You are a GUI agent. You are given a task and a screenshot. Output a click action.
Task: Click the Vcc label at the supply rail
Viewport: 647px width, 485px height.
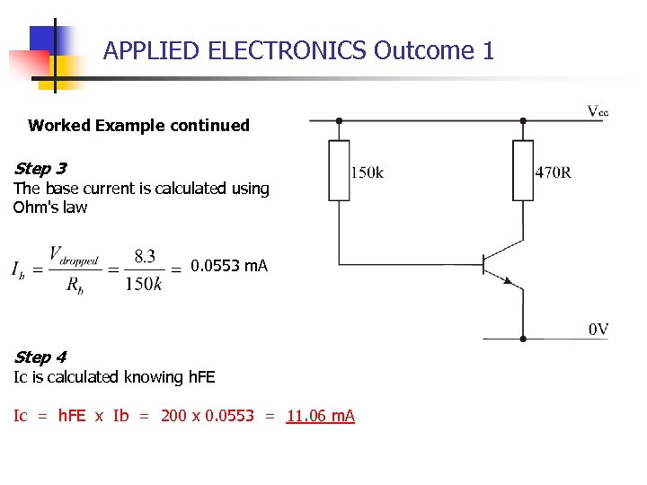click(x=598, y=111)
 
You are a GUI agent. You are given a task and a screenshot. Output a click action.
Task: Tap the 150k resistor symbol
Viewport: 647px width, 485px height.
click(x=339, y=170)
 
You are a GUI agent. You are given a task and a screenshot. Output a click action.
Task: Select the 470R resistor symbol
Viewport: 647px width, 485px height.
click(x=523, y=170)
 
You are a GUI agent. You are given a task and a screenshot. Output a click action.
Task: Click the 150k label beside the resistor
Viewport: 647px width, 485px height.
click(x=368, y=172)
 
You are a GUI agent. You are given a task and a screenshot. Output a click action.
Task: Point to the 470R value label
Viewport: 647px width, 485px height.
click(x=554, y=172)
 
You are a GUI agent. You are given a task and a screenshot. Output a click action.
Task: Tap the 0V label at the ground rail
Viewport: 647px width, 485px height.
click(x=598, y=330)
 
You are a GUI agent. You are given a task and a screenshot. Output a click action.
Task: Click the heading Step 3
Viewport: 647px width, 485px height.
click(x=40, y=168)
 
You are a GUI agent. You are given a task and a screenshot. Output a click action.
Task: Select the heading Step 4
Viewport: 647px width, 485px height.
click(x=40, y=357)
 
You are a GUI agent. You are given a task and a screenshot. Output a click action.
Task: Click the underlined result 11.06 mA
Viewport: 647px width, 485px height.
click(x=321, y=416)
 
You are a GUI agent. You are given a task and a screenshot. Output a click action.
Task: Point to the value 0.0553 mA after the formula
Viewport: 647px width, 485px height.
click(x=229, y=266)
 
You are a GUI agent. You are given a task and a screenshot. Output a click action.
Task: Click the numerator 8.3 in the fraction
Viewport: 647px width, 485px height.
click(x=145, y=256)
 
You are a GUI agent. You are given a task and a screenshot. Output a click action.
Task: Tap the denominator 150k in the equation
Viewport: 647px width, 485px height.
click(x=144, y=284)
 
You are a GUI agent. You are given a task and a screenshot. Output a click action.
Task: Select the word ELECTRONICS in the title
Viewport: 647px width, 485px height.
click(x=287, y=50)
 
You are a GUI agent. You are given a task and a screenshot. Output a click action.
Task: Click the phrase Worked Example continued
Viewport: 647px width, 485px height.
click(x=138, y=126)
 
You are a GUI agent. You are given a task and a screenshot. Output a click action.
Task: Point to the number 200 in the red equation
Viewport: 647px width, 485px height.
click(x=174, y=416)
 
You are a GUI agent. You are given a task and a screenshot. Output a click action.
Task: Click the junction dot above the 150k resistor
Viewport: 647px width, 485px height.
click(x=339, y=120)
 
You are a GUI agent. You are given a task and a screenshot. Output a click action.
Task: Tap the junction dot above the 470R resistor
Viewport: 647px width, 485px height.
click(x=523, y=120)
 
